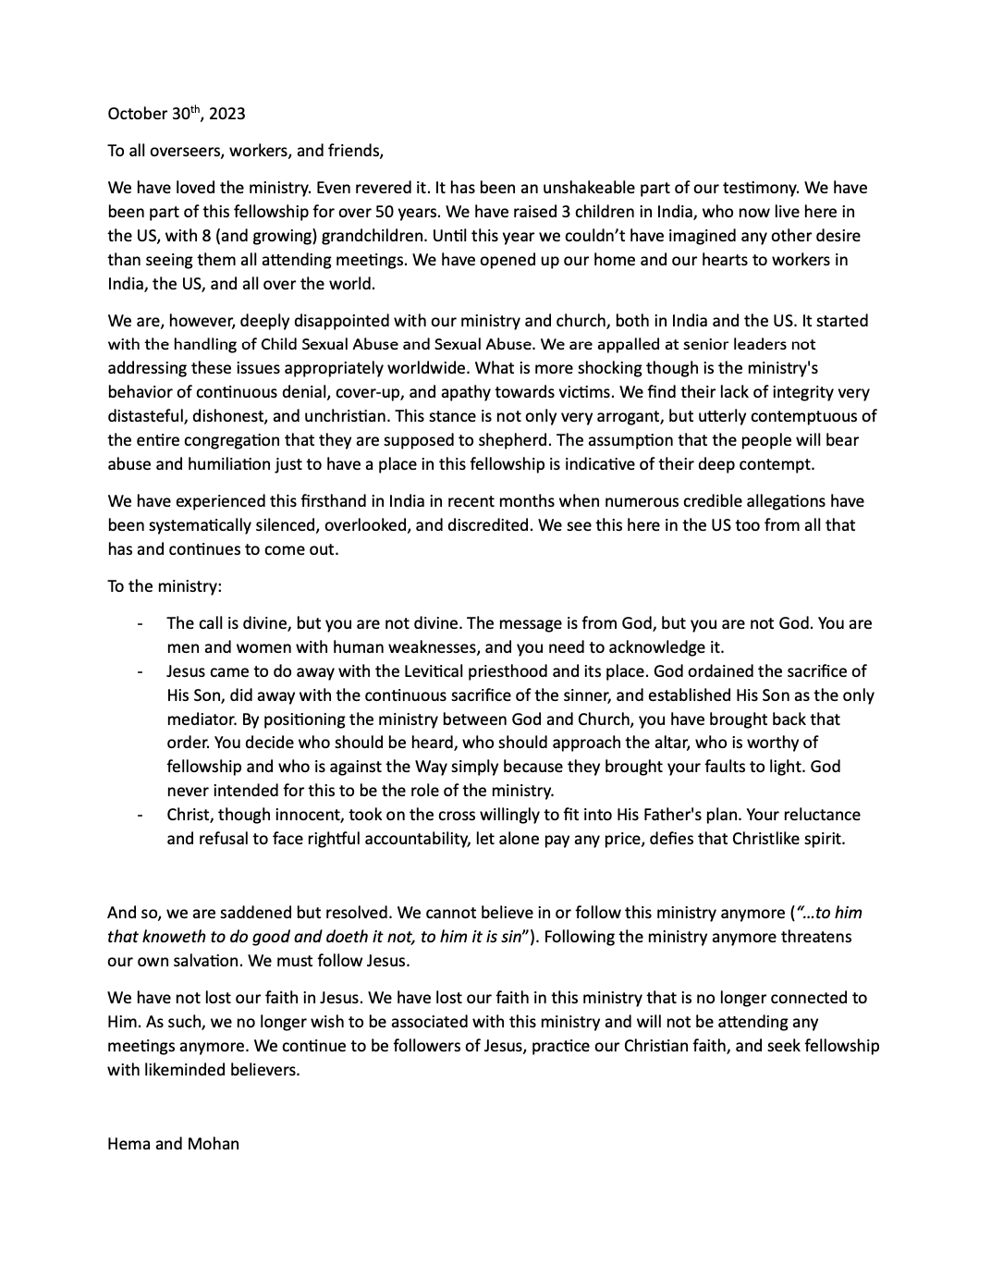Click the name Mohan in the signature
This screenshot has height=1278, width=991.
coord(214,1144)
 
